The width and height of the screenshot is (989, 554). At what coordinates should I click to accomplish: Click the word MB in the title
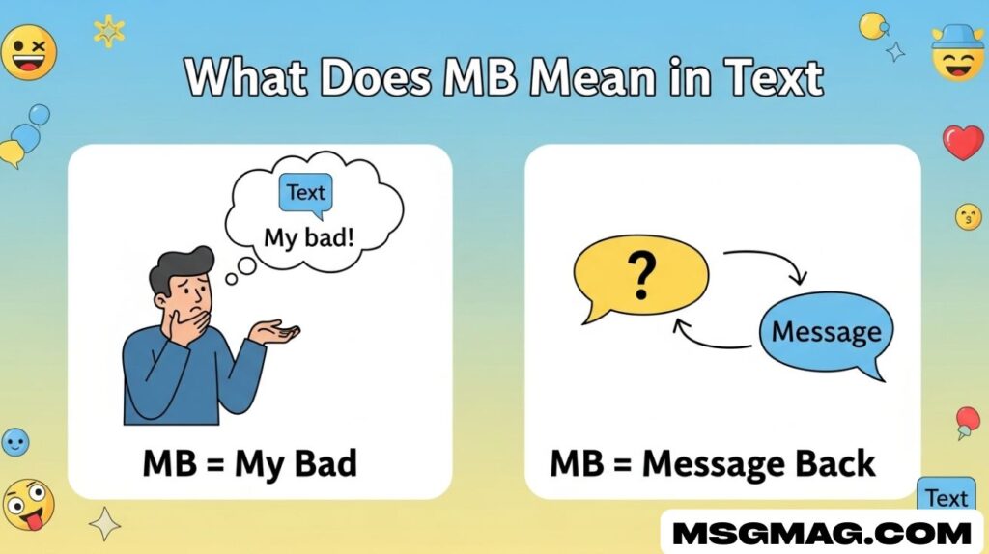480,77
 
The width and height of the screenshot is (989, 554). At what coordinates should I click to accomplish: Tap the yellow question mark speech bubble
640,278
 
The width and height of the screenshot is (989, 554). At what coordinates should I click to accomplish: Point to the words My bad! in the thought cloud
309,238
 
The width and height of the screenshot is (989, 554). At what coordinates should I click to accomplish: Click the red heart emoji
963,142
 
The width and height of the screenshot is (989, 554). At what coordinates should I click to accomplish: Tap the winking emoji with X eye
28,52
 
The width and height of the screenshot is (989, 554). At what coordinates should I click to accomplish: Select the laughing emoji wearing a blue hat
957,54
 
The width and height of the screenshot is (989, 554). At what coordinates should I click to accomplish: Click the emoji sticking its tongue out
28,506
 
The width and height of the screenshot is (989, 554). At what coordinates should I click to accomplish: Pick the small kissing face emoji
968,217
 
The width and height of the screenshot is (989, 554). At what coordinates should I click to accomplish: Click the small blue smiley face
15,442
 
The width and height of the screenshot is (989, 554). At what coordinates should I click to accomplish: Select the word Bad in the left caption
325,463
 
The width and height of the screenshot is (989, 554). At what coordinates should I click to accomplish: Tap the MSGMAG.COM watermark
822,534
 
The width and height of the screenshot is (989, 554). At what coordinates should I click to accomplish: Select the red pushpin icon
967,422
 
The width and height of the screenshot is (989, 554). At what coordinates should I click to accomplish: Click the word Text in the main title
774,78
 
